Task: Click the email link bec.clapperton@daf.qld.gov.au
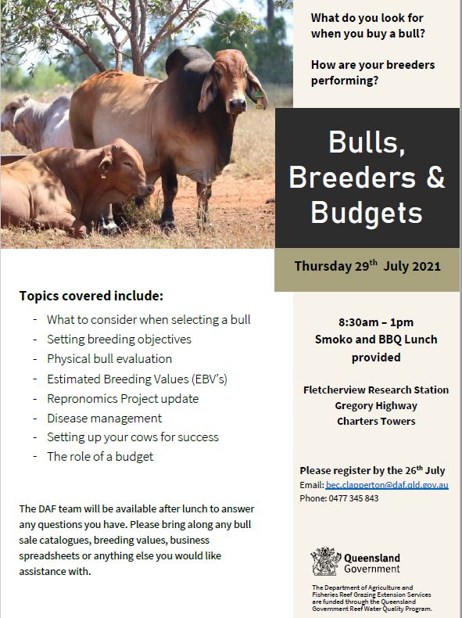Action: (x=387, y=485)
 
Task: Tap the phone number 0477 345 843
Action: (x=353, y=498)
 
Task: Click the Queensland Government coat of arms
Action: (x=325, y=561)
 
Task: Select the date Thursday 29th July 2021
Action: (x=367, y=266)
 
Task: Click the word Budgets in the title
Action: (x=367, y=212)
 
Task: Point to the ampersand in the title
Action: (x=435, y=177)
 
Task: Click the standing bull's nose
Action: (x=238, y=106)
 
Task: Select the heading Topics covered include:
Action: (x=91, y=296)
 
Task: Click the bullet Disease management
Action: (x=105, y=418)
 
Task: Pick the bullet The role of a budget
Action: (x=100, y=456)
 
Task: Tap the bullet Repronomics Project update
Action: (x=123, y=398)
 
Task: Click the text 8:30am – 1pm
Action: (x=376, y=322)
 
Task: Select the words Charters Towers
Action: (x=376, y=421)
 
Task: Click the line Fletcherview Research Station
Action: (x=376, y=390)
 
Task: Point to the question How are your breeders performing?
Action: (x=373, y=73)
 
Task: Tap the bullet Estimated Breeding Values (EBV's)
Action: (x=137, y=379)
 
